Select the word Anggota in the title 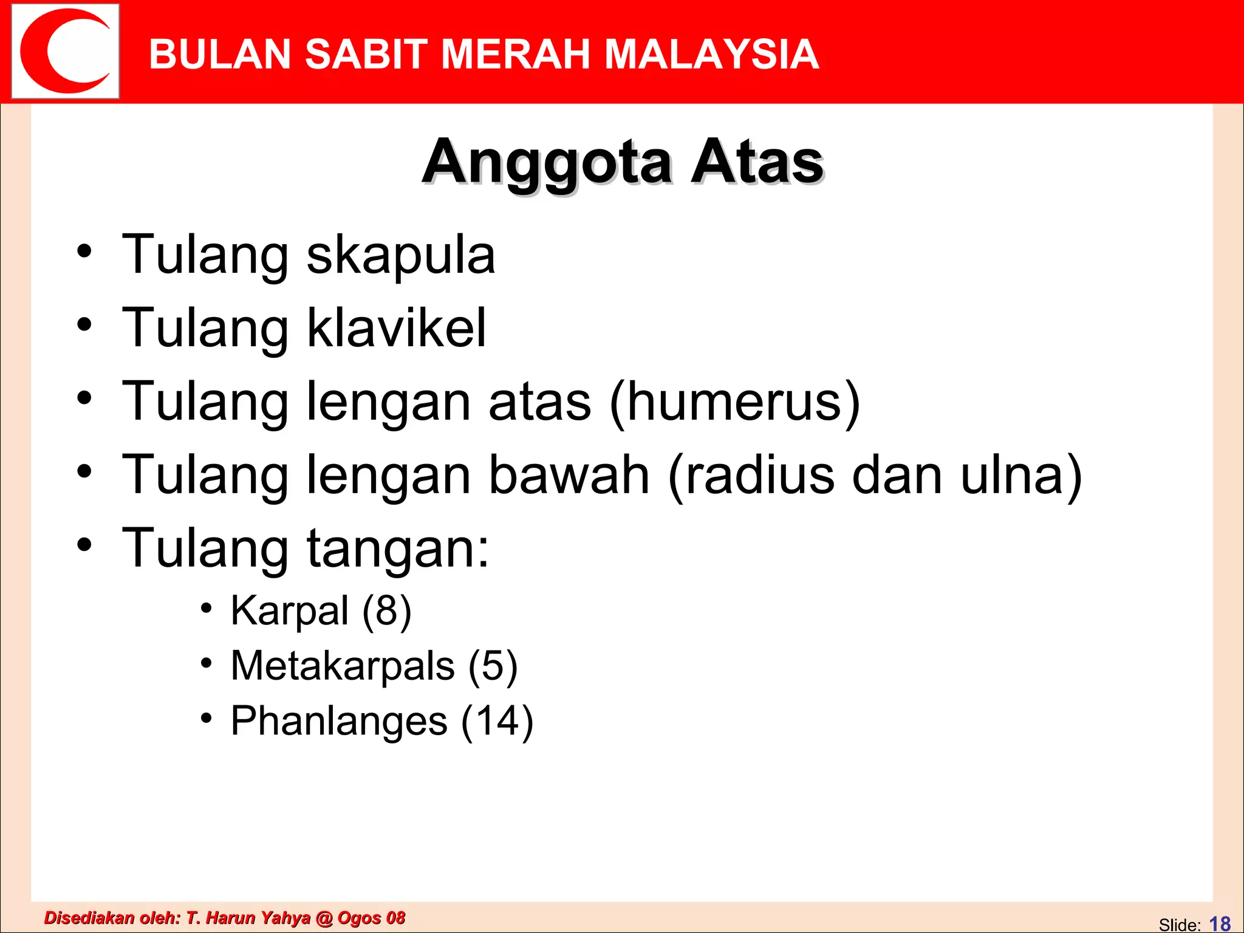[547, 163]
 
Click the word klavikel [396, 328]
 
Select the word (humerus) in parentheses [735, 402]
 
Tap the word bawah [569, 475]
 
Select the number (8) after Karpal [387, 611]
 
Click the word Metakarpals [343, 666]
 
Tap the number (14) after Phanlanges [497, 722]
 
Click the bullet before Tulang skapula [84, 251]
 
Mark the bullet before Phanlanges [207, 718]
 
